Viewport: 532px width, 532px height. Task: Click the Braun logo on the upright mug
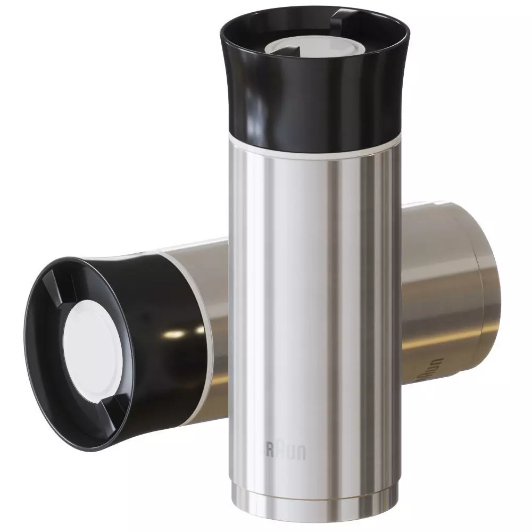click(x=286, y=451)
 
